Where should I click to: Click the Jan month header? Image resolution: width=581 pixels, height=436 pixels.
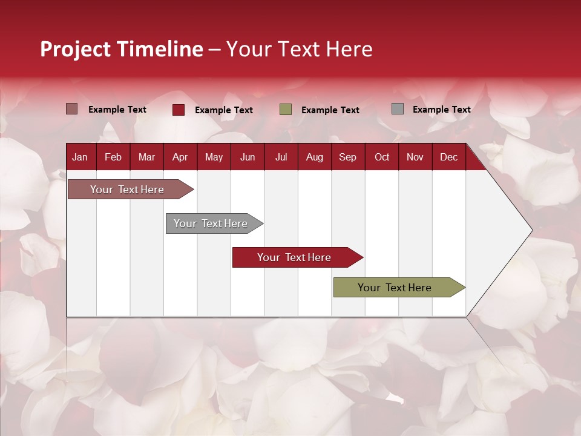[x=80, y=157]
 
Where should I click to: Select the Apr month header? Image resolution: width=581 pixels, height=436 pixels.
[x=180, y=157]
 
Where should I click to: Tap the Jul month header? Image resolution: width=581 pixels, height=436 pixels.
[x=281, y=157]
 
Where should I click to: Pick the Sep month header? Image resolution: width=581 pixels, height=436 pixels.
[x=347, y=157]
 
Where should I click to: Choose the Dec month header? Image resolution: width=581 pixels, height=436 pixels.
[x=448, y=157]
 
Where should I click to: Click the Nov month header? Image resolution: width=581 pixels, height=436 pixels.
[x=415, y=157]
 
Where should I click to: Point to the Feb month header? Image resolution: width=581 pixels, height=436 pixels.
[x=113, y=157]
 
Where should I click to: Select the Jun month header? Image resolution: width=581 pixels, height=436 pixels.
[x=248, y=157]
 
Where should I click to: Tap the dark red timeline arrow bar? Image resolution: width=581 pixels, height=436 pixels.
[x=295, y=257]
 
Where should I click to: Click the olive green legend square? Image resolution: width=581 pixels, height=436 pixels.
[x=286, y=110]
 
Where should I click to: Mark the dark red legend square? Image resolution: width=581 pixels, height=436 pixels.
[x=179, y=110]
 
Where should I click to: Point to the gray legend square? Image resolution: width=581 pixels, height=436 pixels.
[x=398, y=109]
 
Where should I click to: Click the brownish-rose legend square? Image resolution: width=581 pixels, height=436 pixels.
[x=72, y=109]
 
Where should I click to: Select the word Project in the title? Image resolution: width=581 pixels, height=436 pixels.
[x=76, y=49]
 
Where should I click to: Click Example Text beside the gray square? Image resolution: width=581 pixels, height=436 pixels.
[x=441, y=110]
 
